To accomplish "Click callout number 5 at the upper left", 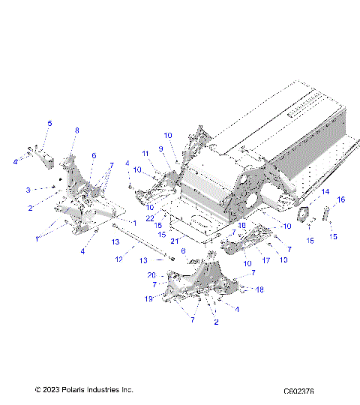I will pos(50,123).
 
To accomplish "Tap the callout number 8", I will pos(76,130).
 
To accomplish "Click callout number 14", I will pos(325,193).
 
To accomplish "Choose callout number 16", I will pos(340,199).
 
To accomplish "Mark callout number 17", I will pos(265,262).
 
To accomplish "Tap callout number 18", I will pos(260,289).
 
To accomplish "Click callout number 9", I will pos(160,148).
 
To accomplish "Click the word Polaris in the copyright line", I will pos(74,390).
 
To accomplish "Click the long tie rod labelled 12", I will pos(142,242).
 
